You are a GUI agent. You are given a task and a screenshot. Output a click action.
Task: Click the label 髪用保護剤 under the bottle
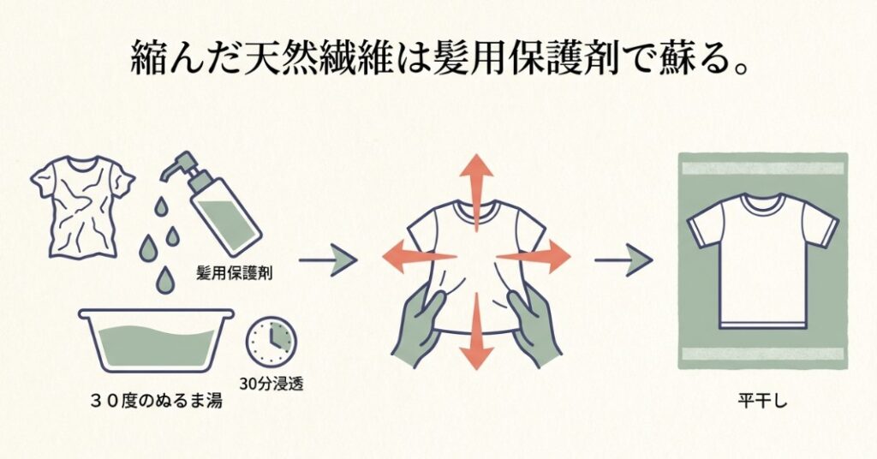[249, 273]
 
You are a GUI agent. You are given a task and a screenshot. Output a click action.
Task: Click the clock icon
[269, 342]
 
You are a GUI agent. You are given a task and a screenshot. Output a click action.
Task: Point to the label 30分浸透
[271, 383]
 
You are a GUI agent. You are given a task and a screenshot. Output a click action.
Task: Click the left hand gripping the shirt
[419, 325]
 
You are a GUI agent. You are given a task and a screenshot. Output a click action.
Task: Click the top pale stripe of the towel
[762, 168]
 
